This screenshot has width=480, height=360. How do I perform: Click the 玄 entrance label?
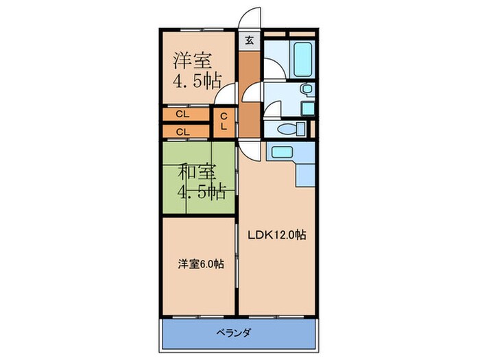point(248,40)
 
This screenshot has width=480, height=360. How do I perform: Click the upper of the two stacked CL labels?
point(182,115)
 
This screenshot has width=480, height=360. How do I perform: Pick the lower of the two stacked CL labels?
point(182,131)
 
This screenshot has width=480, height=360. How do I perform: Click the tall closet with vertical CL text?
point(224,123)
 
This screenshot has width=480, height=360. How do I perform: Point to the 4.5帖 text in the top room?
point(195,82)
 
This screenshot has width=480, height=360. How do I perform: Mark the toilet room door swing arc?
point(274,110)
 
